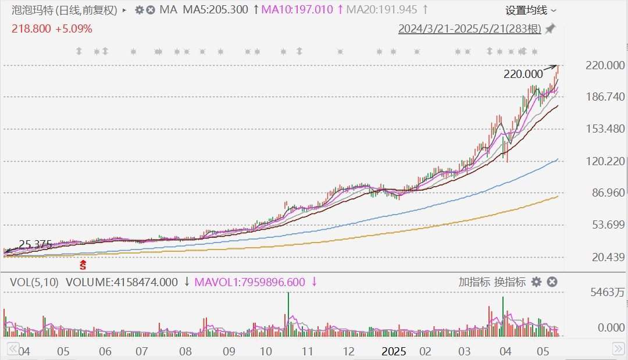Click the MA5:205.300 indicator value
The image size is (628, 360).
tap(215, 10)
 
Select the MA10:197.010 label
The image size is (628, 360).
tap(297, 10)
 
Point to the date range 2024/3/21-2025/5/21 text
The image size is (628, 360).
tap(469, 28)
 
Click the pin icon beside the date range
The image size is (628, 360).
tap(549, 28)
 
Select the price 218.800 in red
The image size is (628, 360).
tap(31, 28)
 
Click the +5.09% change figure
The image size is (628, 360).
tap(74, 28)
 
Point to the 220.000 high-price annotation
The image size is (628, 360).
tap(523, 74)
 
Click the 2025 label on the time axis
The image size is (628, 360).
tap(394, 351)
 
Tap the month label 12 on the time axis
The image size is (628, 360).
tap(349, 351)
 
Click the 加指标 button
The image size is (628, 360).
tap(474, 282)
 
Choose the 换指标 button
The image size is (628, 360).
tap(510, 282)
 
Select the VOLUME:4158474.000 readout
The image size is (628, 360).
tap(122, 282)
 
